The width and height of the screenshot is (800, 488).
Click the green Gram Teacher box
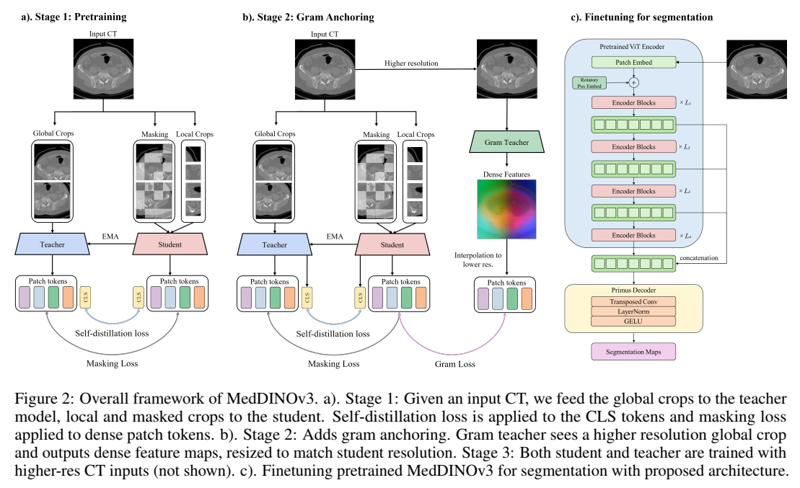[x=506, y=143]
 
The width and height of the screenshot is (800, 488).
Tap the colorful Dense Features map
[x=506, y=209]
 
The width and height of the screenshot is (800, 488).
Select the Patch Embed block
[x=633, y=63]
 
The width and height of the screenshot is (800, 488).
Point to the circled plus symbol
[x=633, y=82]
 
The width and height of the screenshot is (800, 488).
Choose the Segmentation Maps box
[x=633, y=351]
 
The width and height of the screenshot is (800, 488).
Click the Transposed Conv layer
[x=633, y=301]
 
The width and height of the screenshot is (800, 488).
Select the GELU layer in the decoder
[x=633, y=321]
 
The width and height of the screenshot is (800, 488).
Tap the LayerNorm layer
[x=633, y=311]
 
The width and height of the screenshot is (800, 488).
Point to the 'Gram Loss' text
[x=454, y=364]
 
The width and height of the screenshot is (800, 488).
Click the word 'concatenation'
[x=700, y=258]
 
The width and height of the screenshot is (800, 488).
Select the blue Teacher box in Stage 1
[x=50, y=244]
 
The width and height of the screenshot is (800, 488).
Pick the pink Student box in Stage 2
[x=392, y=244]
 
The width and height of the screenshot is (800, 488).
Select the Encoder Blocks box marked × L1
[x=633, y=103]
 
